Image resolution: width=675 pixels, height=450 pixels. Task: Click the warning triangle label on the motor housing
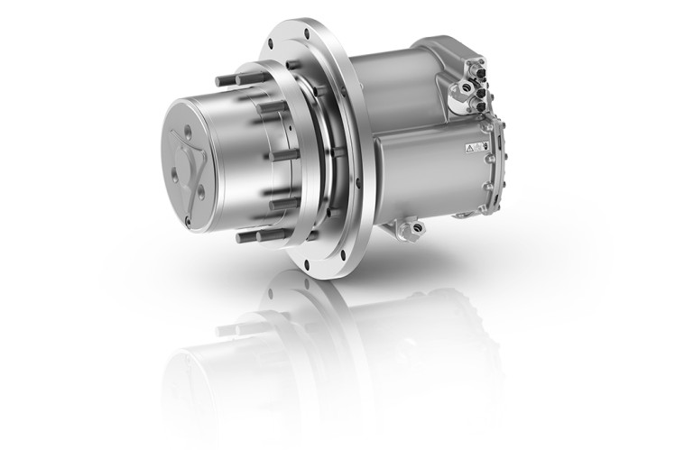click(x=471, y=146)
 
